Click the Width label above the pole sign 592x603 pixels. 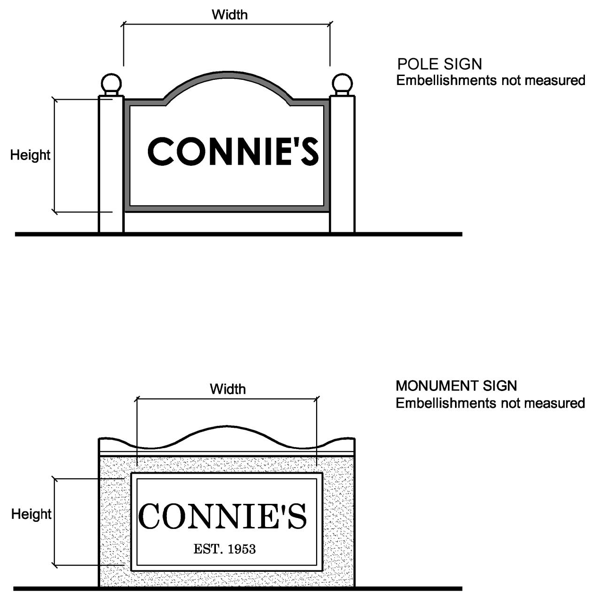click(x=230, y=15)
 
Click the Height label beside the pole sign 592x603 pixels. click(x=30, y=155)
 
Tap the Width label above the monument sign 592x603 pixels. click(x=228, y=389)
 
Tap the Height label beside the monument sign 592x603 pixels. click(x=31, y=514)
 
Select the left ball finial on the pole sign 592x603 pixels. click(x=112, y=84)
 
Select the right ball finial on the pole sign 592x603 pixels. click(x=342, y=84)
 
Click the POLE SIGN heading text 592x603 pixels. click(x=439, y=64)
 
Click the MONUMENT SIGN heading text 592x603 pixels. click(x=456, y=386)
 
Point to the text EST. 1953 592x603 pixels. click(x=224, y=549)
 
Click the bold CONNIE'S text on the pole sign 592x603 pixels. click(x=233, y=152)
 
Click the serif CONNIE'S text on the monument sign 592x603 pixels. click(x=223, y=516)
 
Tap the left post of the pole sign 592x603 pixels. click(x=111, y=165)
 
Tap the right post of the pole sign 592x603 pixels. click(x=342, y=165)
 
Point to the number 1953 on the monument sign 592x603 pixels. click(x=241, y=549)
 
